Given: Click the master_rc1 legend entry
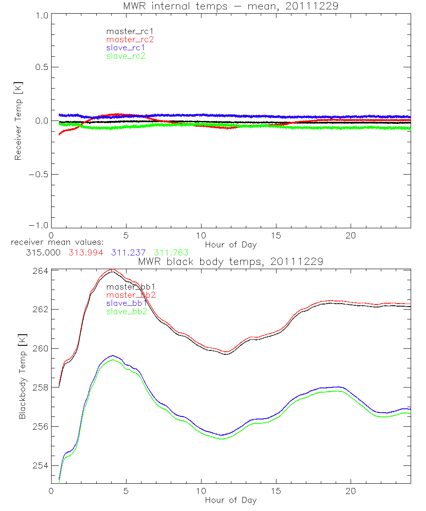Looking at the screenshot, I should (x=126, y=31).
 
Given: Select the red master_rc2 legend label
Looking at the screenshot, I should (x=130, y=39).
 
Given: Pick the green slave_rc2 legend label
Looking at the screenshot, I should (x=126, y=56).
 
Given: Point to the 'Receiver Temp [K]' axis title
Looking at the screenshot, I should (x=18, y=121).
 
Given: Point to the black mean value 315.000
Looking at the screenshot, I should (x=43, y=253).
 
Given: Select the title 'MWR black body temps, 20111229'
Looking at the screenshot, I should (x=230, y=261).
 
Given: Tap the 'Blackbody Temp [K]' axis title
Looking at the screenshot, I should (x=22, y=375).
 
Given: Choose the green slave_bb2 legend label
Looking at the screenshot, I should (x=127, y=311).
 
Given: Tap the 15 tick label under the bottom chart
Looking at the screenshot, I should (x=276, y=491).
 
